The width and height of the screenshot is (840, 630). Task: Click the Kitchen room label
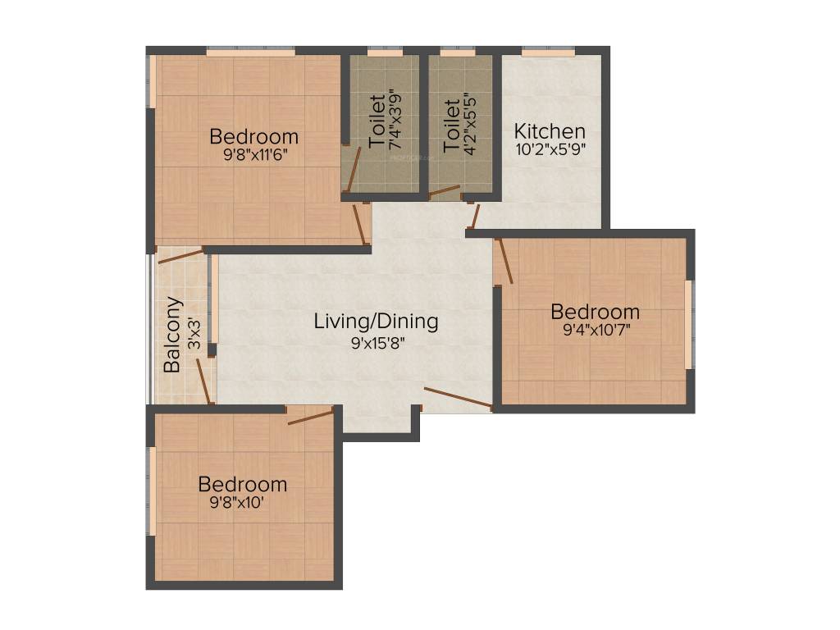coord(550,131)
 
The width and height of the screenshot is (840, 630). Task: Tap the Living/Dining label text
coord(376,322)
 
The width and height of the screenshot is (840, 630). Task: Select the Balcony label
coord(172,335)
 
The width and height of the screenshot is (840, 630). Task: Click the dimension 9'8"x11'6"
coord(254,153)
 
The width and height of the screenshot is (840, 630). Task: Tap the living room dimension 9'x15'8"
coord(376,342)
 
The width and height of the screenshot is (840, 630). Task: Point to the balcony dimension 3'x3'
coord(194,335)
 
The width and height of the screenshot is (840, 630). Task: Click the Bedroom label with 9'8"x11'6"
coord(254,136)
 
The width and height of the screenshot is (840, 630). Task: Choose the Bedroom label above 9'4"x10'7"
coord(595,313)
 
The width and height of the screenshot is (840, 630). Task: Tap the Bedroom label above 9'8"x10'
coord(242,484)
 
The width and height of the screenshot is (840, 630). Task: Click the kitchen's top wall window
coord(548,52)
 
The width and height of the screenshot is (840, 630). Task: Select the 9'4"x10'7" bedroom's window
coord(688,324)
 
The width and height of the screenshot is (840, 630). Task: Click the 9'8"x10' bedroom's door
coord(311,417)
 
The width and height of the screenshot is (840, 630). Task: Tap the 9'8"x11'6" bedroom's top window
coord(250,52)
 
